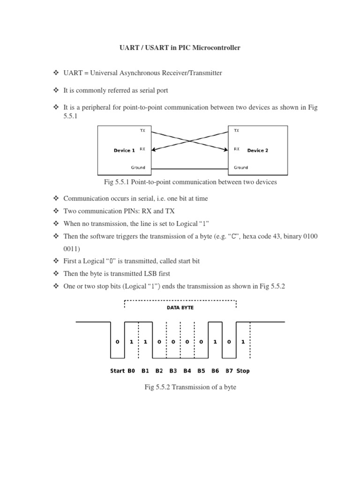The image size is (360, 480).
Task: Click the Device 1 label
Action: (124, 150)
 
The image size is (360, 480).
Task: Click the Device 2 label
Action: (258, 150)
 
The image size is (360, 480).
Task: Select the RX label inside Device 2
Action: (237, 149)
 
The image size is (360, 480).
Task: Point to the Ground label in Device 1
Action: (138, 167)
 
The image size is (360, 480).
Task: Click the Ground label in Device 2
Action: (241, 167)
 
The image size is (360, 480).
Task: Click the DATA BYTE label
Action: (180, 308)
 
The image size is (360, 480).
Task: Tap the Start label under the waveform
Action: (117, 371)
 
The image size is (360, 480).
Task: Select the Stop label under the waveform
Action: (243, 371)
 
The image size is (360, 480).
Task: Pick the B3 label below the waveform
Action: (173, 371)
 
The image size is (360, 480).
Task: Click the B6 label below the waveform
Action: (215, 371)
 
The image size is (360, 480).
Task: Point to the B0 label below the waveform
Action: (131, 371)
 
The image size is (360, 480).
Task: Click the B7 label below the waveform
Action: (229, 371)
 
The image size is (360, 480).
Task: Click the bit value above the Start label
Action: (117, 342)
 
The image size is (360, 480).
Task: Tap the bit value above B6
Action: (215, 342)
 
